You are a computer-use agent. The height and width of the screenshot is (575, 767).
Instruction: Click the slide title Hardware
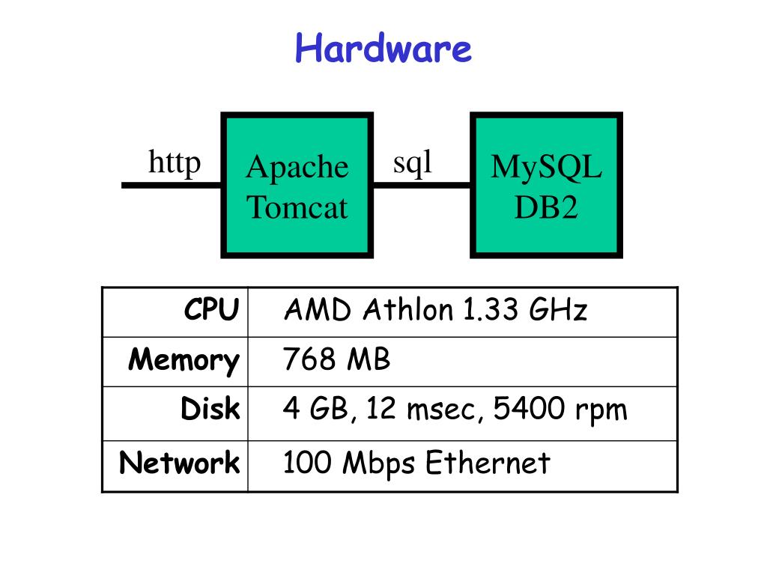point(383,48)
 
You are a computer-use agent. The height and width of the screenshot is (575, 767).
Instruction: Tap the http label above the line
point(175,162)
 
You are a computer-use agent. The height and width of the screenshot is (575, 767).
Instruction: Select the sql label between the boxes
point(413,162)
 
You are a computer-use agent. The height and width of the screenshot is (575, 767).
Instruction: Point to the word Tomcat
point(297,207)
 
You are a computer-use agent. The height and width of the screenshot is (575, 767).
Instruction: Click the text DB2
point(546,207)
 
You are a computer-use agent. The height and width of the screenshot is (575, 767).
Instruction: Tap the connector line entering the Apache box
point(172,186)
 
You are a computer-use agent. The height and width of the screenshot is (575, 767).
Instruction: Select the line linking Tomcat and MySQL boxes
point(422,186)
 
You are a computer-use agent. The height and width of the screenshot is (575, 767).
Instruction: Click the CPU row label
point(212,309)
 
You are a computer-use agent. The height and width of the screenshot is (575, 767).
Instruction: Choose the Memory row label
point(184,361)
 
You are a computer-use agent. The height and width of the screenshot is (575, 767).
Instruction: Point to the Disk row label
point(210,408)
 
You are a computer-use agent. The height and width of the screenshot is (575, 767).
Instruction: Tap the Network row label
point(180,463)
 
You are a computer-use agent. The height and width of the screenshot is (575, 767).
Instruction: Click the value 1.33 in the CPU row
point(490,309)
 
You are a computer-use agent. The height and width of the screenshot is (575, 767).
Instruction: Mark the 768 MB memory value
point(336,359)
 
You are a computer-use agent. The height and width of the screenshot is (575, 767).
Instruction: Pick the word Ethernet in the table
point(488,463)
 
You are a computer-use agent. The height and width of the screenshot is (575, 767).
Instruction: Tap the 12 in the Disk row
point(381,408)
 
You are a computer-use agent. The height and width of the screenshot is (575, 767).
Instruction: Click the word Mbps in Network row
point(378,463)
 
